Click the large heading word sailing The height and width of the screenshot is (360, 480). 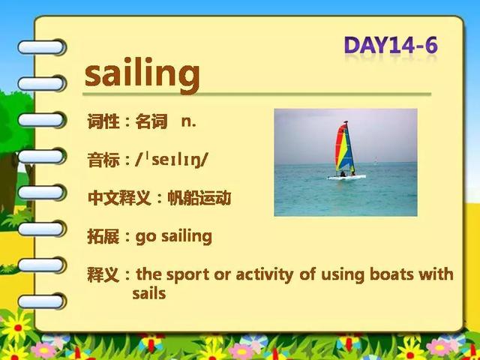click(142, 75)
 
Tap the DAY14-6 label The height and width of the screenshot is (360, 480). click(391, 46)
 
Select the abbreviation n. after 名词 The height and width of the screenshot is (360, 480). click(188, 121)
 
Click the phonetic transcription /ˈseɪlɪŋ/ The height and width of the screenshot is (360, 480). click(172, 160)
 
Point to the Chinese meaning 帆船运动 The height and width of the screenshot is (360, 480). click(199, 198)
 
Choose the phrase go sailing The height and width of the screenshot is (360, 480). click(173, 237)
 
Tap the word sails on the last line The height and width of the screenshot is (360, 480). click(149, 293)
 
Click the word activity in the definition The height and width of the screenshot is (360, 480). click(265, 274)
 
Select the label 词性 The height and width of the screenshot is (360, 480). click(103, 121)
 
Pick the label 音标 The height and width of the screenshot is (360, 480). click(103, 160)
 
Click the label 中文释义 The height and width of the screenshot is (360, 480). click(119, 198)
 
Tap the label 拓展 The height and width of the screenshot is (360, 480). click(103, 237)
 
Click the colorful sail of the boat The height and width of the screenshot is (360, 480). click(344, 147)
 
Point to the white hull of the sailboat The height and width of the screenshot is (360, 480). click(346, 177)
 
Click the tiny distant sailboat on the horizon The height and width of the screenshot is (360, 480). click(376, 160)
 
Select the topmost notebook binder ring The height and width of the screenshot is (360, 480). click(42, 47)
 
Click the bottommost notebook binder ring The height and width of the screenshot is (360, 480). click(42, 301)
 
